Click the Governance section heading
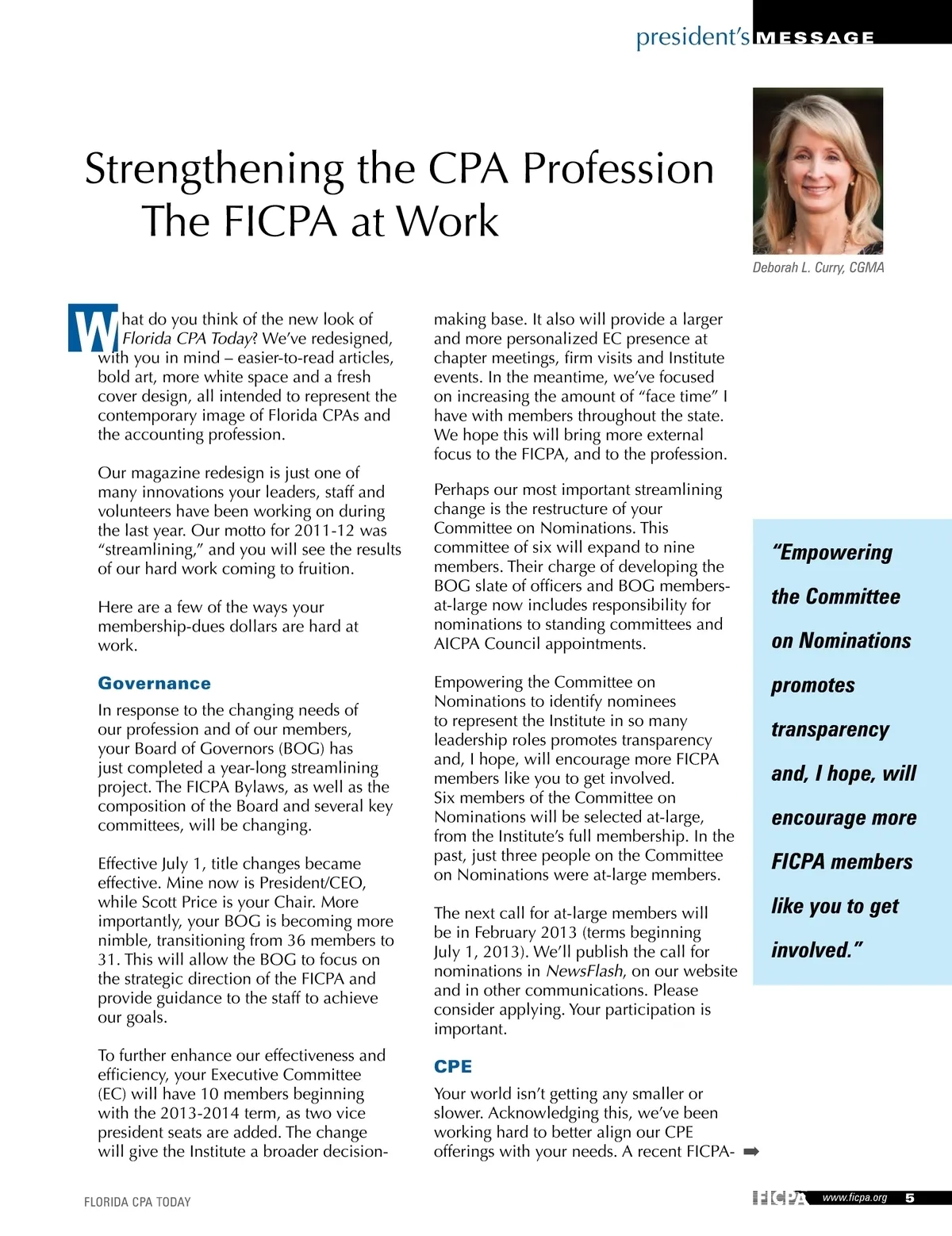click(x=154, y=683)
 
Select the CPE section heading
click(x=453, y=1066)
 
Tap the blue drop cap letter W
click(x=93, y=328)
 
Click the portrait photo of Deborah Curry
click(x=817, y=171)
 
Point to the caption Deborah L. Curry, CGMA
click(x=818, y=268)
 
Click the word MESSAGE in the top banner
click(x=816, y=37)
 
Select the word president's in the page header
click(x=693, y=36)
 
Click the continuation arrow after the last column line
click(x=751, y=1151)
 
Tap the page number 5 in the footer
click(x=910, y=1198)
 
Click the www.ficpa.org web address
click(x=854, y=1198)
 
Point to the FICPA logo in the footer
click(x=779, y=1198)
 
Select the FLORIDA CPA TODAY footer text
click(x=137, y=1202)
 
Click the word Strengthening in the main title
click(x=214, y=169)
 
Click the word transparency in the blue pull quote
click(x=830, y=729)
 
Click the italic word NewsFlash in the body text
click(x=584, y=971)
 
